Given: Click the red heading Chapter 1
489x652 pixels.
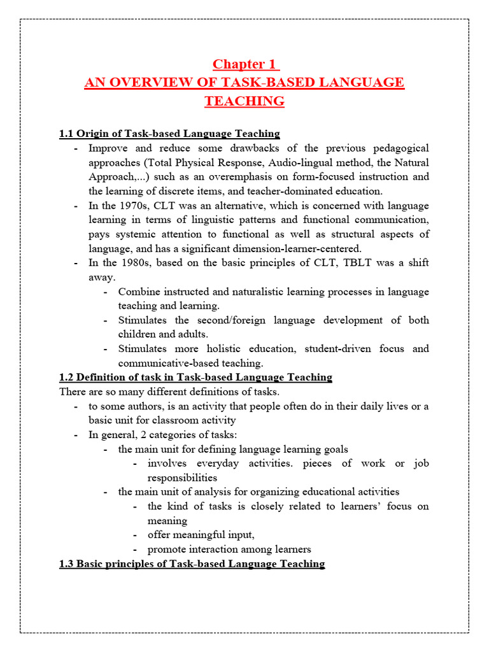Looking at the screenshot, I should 246,64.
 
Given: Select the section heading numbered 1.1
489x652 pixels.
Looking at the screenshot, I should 169,134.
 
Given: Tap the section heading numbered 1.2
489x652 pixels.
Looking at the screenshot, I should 195,378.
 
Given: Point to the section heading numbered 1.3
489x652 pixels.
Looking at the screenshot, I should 192,564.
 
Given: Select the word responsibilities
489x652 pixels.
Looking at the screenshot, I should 182,478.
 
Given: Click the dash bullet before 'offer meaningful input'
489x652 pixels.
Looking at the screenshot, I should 136,535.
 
